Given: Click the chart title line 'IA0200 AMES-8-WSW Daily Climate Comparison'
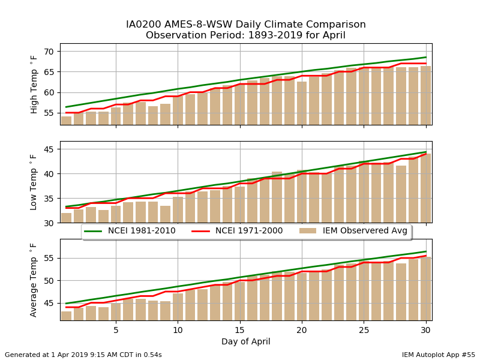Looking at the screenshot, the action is point(246,24).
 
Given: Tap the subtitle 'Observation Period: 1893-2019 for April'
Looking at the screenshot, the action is point(245,35).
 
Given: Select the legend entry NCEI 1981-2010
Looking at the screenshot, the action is point(130,231).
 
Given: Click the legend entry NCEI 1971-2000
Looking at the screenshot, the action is point(237,231).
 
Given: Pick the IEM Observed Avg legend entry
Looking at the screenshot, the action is point(353,231).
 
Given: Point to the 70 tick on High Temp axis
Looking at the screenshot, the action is point(49,52).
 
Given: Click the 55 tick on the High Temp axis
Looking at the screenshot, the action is point(49,113).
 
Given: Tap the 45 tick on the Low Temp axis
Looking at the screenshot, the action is point(49,149).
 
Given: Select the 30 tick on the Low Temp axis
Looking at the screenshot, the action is point(49,223).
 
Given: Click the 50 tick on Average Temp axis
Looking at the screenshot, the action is point(49,281).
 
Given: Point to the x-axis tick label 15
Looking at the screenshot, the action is point(239,331).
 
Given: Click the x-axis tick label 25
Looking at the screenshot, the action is point(364,331).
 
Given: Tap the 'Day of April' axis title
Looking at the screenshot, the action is point(246,341).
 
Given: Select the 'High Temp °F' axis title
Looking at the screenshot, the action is point(34,84).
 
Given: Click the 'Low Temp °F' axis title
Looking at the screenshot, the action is point(34,182).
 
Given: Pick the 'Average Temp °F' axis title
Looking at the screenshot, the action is point(34,280).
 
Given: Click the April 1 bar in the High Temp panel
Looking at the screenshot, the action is point(67,121).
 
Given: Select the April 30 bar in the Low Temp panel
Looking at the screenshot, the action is point(426,188).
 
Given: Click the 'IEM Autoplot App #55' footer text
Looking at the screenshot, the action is point(439,355).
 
